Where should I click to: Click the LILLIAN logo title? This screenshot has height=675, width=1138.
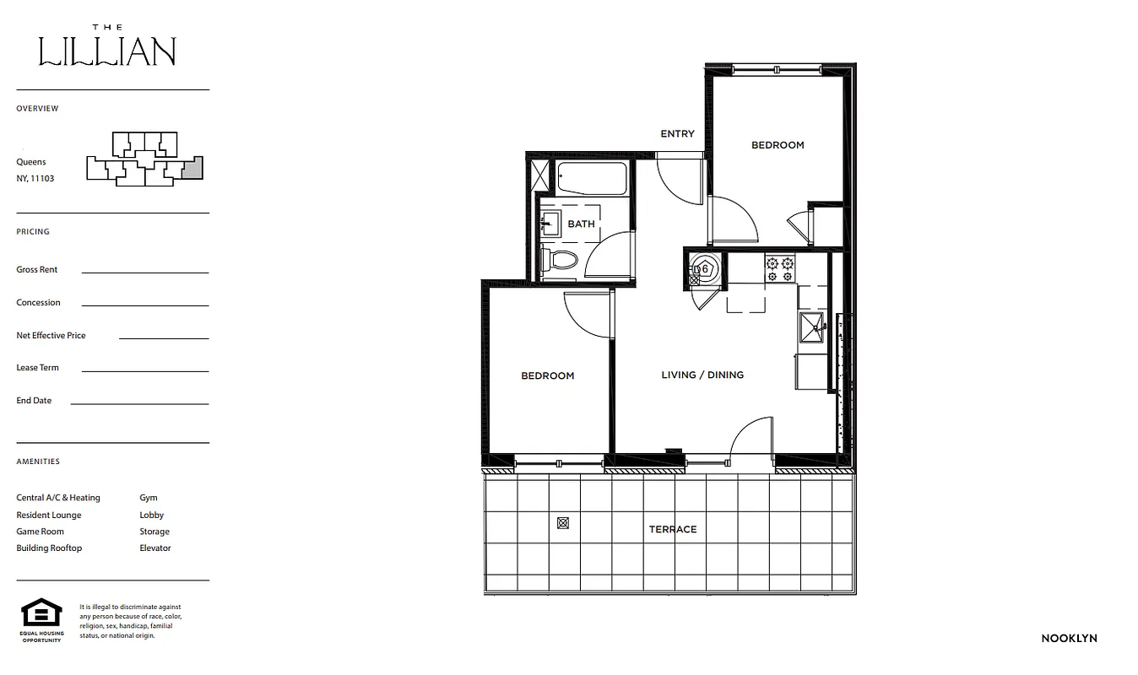click(107, 51)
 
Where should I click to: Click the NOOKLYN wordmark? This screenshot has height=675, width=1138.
click(1069, 639)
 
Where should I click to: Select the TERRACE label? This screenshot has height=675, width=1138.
click(673, 530)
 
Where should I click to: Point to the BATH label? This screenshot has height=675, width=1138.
click(581, 224)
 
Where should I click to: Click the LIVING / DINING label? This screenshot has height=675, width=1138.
click(702, 375)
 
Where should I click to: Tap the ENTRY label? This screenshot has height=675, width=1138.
click(677, 134)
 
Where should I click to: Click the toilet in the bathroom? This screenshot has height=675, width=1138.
click(560, 259)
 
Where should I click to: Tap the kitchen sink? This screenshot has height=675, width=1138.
click(811, 329)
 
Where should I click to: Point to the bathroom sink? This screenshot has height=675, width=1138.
click(550, 224)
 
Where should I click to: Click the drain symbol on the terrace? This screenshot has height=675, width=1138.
click(563, 523)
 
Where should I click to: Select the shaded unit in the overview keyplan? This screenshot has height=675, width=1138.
click(193, 167)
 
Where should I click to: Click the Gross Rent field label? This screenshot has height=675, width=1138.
click(37, 270)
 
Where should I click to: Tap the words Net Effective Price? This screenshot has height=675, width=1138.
click(51, 336)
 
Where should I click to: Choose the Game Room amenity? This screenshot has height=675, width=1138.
click(40, 532)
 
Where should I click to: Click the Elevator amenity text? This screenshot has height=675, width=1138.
click(155, 548)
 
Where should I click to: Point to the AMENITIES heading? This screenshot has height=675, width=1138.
click(38, 462)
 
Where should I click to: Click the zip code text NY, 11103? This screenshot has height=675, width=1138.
click(35, 179)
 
